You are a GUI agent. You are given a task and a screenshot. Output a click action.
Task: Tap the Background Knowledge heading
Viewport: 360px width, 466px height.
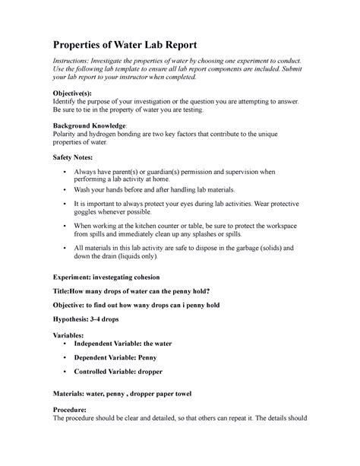coord(88,124)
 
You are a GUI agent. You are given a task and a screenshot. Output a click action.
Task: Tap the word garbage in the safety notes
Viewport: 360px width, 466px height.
coord(249,249)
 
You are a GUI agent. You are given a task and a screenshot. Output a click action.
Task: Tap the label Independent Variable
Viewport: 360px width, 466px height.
coord(111,344)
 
